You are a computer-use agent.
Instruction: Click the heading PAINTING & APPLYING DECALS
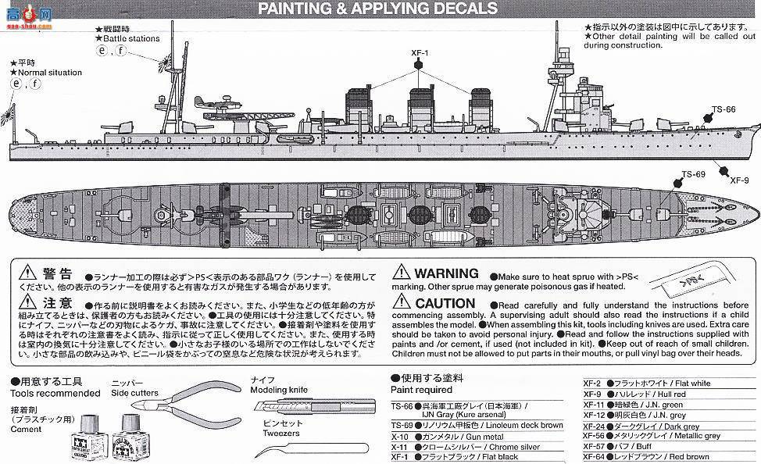[x=377, y=9]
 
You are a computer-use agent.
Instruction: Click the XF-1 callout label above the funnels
[x=420, y=53]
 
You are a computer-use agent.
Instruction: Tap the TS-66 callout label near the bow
[x=723, y=109]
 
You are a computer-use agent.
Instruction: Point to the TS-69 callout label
[x=693, y=173]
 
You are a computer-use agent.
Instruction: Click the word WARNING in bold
[x=446, y=273]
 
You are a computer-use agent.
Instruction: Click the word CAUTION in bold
[x=445, y=303]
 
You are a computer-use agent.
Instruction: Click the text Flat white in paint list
[x=691, y=384]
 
